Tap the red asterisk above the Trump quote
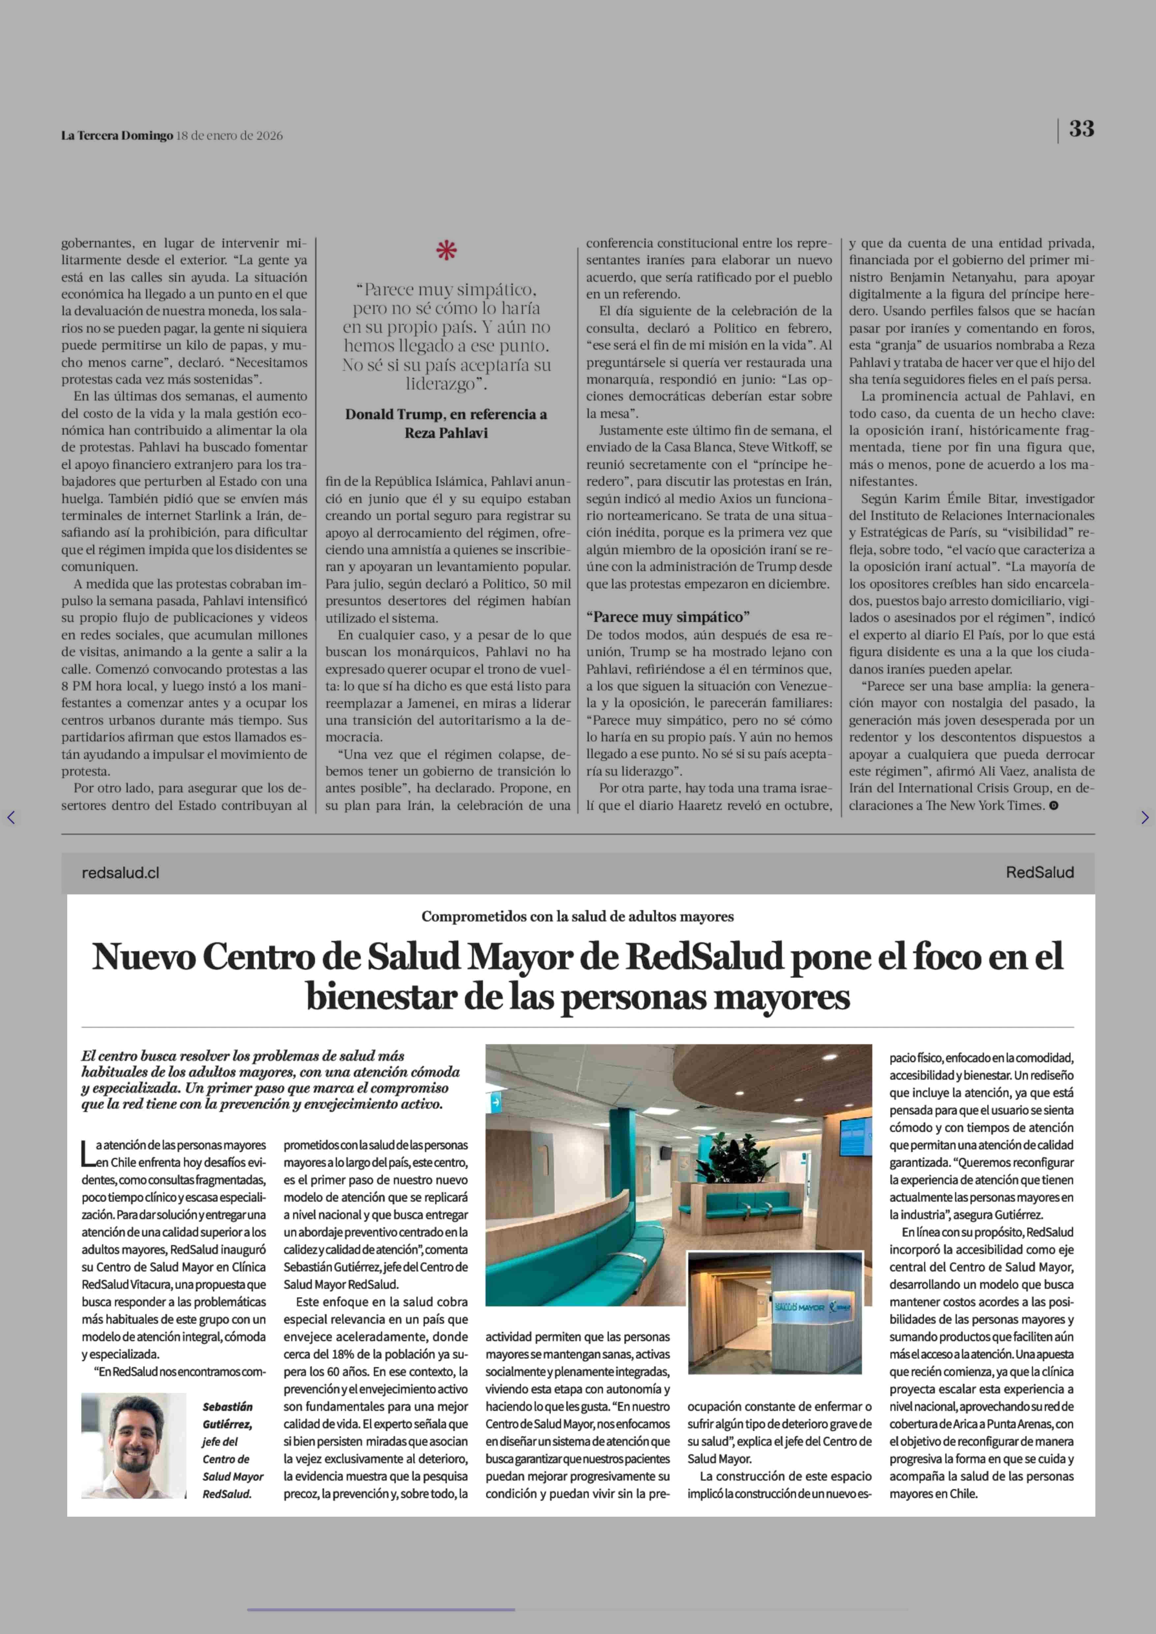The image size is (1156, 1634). coord(446,250)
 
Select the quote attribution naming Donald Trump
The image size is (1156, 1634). coord(446,423)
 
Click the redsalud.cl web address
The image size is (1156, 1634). coord(120,873)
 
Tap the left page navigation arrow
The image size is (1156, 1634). coord(11,817)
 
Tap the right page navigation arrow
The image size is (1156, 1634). coord(1144,817)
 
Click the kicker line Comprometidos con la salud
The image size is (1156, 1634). coord(577,916)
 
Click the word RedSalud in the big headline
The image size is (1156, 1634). coord(704,957)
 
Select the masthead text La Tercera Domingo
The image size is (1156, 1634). coord(117,135)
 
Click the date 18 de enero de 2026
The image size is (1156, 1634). coord(229,135)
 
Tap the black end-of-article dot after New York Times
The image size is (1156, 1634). coord(1054,806)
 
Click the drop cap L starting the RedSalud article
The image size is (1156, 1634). coord(88,1153)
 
